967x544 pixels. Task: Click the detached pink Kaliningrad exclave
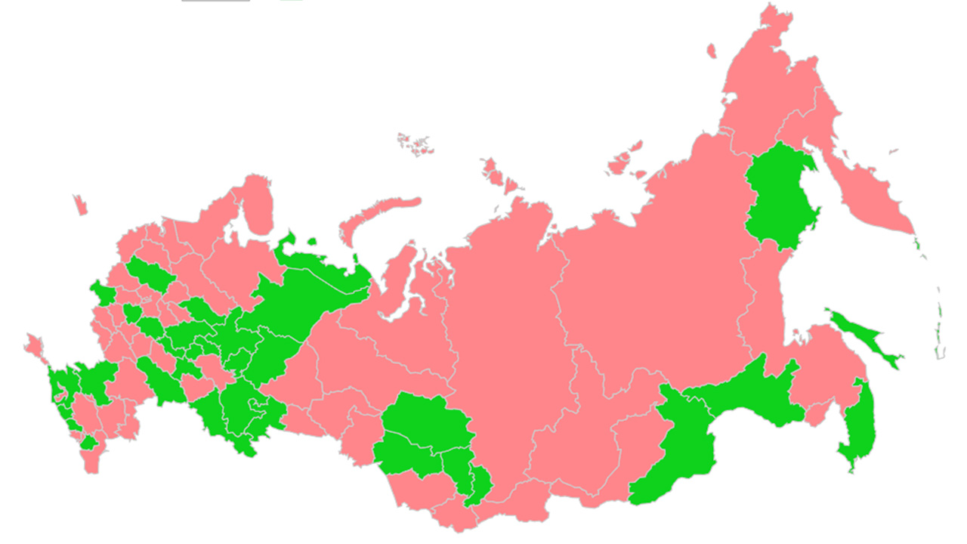click(x=79, y=204)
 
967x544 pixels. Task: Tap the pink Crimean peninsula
click(x=33, y=346)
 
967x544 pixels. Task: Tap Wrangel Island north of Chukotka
click(x=711, y=51)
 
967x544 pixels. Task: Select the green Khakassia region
click(x=479, y=484)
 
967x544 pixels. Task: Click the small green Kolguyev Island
click(x=311, y=242)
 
